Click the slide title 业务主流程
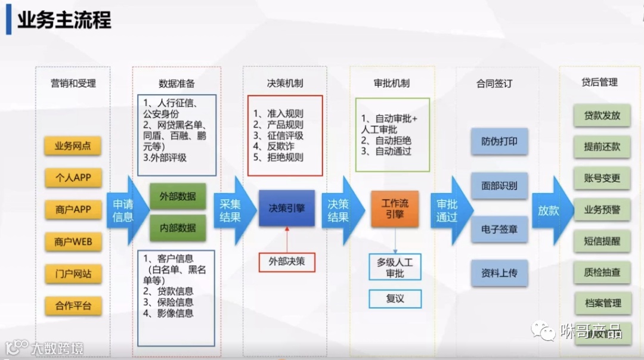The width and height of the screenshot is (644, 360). (64, 20)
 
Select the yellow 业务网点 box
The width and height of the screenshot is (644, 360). (73, 146)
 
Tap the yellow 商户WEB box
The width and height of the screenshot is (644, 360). (73, 242)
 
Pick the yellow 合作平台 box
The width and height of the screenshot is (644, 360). (73, 306)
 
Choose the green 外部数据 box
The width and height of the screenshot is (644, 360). (178, 196)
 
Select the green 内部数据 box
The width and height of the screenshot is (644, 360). (178, 228)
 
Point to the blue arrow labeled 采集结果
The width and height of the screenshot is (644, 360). (232, 210)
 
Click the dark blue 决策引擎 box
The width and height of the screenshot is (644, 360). (286, 209)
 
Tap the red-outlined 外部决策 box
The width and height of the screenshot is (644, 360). (286, 262)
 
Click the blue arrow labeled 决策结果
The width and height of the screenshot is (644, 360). (339, 210)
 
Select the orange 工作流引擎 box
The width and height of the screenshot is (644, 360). (395, 209)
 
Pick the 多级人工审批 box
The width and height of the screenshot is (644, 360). (395, 267)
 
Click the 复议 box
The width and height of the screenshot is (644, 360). (395, 299)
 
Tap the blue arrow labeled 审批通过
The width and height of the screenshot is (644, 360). (448, 210)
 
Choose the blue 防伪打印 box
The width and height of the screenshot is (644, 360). (499, 142)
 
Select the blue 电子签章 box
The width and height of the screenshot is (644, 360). (499, 229)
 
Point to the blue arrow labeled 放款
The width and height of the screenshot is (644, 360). (550, 210)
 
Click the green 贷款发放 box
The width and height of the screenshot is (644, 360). (602, 116)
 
